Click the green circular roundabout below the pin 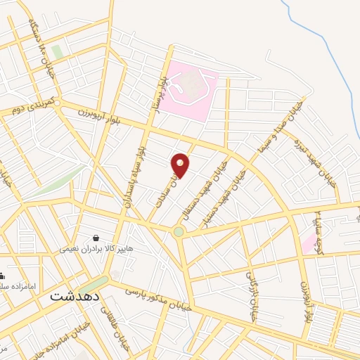(179, 231)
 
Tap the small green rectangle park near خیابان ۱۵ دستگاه (56, 52)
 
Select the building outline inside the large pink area (191, 86)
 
